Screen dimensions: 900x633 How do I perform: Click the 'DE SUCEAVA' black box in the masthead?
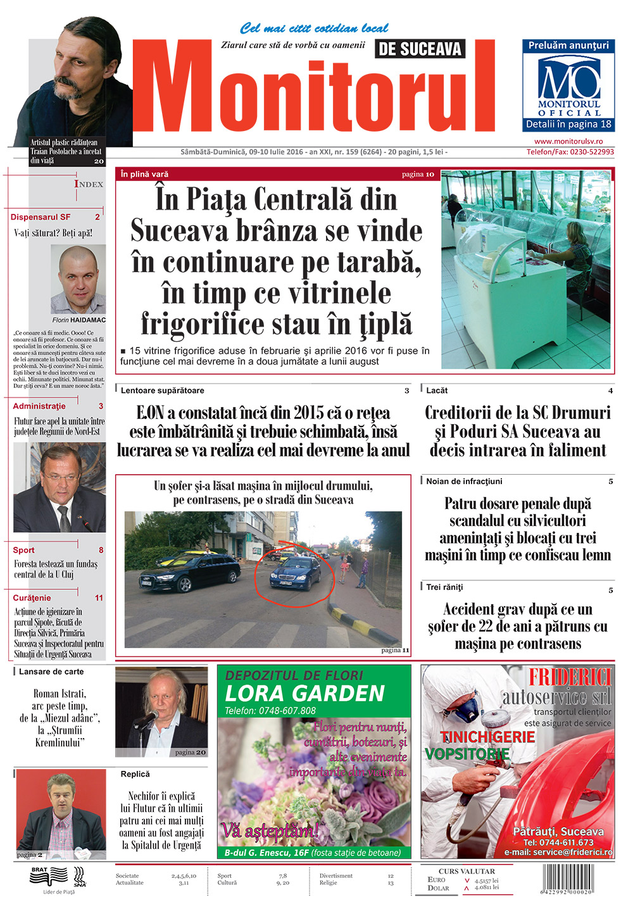tap(420, 49)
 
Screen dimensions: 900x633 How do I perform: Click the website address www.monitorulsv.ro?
tap(568, 142)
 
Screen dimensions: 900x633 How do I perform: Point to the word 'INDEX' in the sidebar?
tap(89, 184)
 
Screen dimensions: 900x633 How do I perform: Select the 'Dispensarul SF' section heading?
tap(41, 217)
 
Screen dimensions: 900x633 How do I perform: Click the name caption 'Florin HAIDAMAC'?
tap(79, 320)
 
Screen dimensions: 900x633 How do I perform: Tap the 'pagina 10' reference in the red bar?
tap(418, 174)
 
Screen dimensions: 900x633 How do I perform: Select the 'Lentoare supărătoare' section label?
tap(162, 391)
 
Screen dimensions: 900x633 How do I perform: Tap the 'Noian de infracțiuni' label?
tap(464, 481)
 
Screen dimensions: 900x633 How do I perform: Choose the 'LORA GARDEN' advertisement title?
tap(305, 694)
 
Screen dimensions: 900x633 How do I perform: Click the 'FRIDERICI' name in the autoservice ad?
tap(570, 677)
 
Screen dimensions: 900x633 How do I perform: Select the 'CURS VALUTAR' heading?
tap(467, 872)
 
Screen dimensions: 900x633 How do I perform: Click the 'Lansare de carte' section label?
tap(51, 672)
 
